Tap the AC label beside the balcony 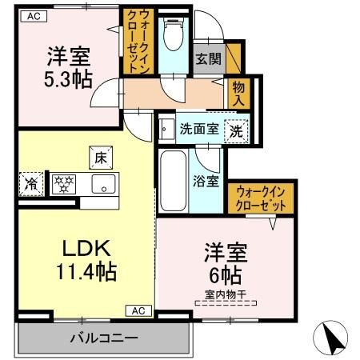pos(138,310)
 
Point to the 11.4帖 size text pos(86,272)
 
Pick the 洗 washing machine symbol pos(236,129)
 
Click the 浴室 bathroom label pos(206,181)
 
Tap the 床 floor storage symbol pos(100,159)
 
